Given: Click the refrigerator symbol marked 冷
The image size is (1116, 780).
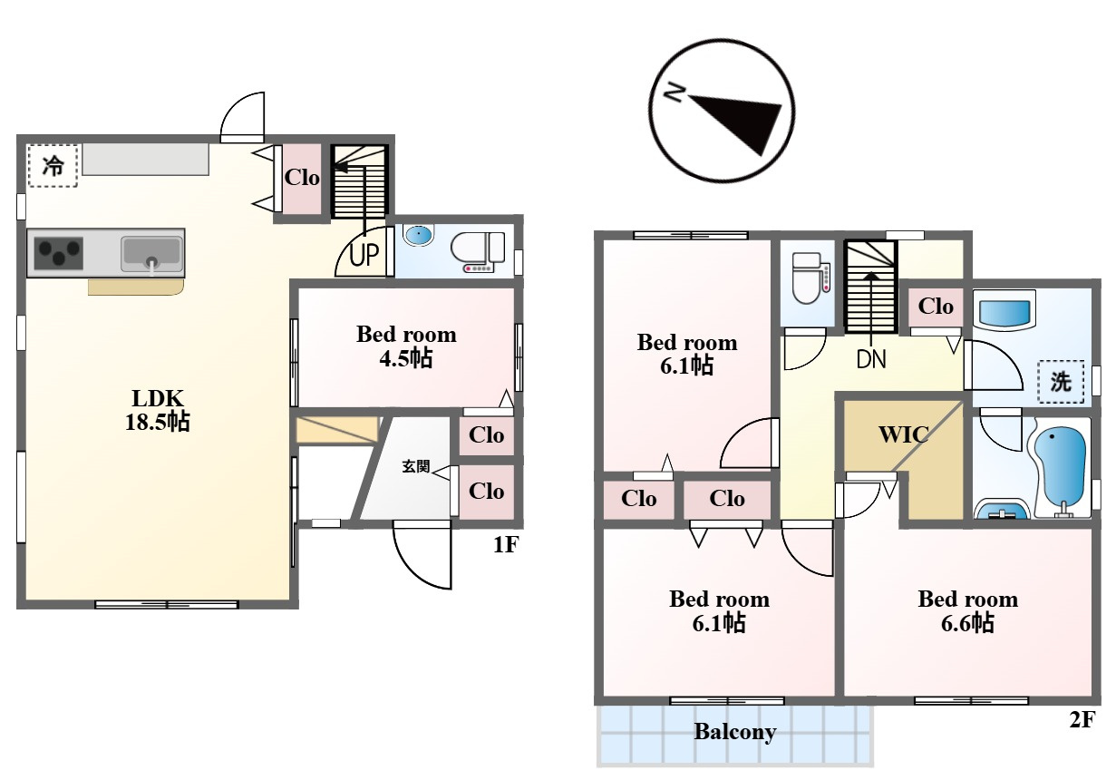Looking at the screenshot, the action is click(53, 166).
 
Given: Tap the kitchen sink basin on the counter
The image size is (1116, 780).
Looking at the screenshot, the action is click(151, 254).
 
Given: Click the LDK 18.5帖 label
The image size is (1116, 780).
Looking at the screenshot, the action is click(158, 410).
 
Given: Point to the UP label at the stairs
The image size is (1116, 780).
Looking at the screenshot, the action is click(364, 255).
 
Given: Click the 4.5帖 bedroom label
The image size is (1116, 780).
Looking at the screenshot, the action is click(406, 346).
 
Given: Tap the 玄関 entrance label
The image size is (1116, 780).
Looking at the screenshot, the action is click(415, 466).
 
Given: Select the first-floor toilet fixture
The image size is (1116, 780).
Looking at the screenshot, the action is click(479, 252).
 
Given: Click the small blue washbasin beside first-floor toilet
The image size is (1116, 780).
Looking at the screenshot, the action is click(418, 235).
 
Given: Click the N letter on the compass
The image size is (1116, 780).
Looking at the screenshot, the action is click(675, 93).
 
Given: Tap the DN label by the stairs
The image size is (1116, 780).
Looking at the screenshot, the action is click(871, 359).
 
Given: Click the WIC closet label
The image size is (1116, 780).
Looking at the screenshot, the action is click(903, 434).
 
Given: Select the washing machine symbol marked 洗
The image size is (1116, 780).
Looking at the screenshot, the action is click(1061, 382).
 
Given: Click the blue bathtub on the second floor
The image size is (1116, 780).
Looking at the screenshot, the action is click(1061, 470).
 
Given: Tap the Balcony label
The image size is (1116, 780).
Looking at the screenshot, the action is click(735, 732).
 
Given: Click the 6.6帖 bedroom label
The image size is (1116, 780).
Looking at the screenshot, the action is click(968, 610).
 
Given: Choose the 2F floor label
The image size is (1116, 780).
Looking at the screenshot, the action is click(1082, 720).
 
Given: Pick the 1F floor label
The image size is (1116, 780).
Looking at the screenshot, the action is click(506, 544).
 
